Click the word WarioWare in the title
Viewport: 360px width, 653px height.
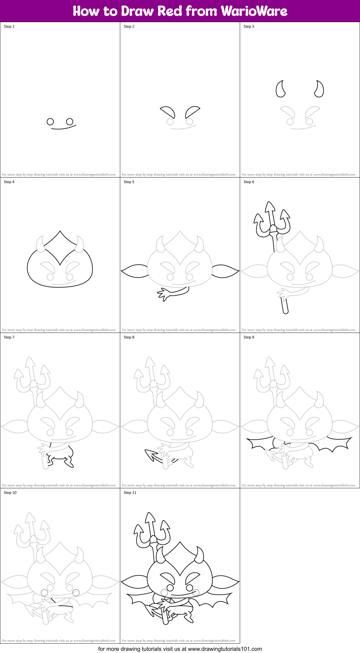click(x=254, y=11)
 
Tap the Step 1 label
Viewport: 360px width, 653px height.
click(x=9, y=26)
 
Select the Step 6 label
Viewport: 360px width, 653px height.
click(x=249, y=182)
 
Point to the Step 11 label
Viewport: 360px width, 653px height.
click(x=130, y=493)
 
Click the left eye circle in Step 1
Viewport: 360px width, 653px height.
click(x=50, y=122)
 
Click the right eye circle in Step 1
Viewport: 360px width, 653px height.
click(x=70, y=121)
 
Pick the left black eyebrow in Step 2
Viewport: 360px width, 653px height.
click(x=168, y=111)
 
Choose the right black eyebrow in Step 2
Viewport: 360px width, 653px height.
click(x=192, y=111)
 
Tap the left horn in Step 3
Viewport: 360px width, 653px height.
click(x=280, y=89)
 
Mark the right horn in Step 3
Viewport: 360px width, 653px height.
click(x=319, y=89)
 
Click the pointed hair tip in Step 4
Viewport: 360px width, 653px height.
click(x=60, y=232)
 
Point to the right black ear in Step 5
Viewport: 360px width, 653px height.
click(x=225, y=271)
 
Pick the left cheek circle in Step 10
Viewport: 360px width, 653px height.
click(x=45, y=593)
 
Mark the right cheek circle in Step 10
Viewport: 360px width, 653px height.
click(x=76, y=593)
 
